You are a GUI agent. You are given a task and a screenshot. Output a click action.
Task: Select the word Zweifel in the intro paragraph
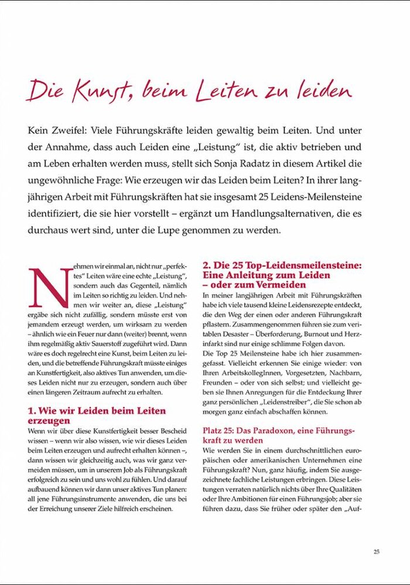pyautogui.click(x=74, y=130)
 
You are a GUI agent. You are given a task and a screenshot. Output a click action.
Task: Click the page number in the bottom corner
pyautogui.click(x=377, y=551)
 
